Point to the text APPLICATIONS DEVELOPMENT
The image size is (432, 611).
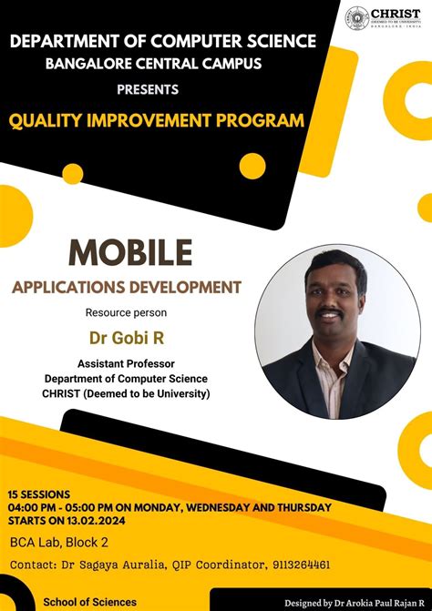127,288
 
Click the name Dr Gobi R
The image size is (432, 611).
127,338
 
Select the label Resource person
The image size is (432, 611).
127,313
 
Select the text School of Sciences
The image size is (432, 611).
90,602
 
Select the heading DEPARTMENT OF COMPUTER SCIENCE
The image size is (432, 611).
163,40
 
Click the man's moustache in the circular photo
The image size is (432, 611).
330,309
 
